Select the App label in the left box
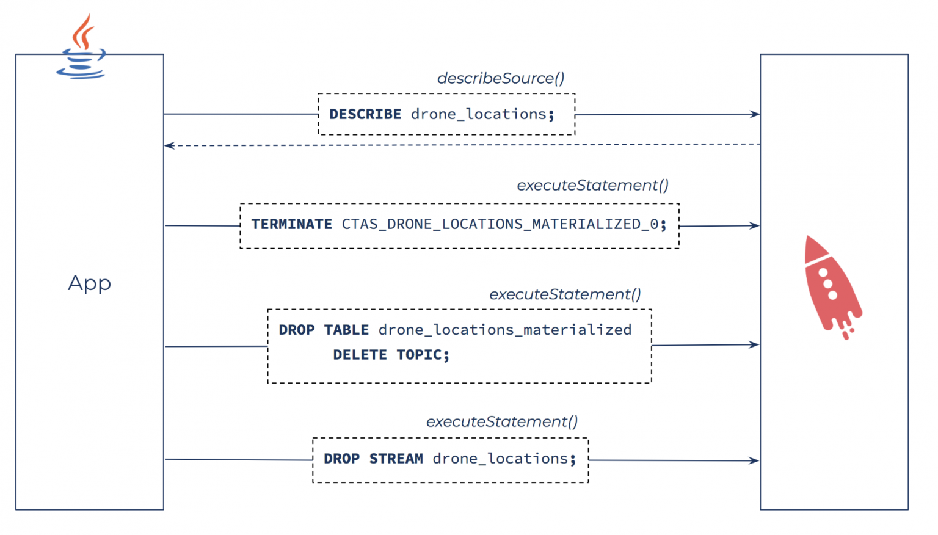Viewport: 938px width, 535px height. (x=89, y=283)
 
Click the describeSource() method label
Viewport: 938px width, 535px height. (x=500, y=79)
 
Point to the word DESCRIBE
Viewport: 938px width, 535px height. (x=365, y=114)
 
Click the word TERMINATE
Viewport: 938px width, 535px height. (x=291, y=225)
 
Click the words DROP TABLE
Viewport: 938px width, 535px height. (x=324, y=330)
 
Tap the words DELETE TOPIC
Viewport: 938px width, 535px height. (x=390, y=355)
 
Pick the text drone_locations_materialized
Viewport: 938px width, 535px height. (x=504, y=330)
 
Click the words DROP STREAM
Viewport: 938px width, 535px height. (x=373, y=459)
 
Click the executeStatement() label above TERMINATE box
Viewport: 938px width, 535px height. (x=592, y=186)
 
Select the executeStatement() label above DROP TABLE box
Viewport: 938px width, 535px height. (x=565, y=294)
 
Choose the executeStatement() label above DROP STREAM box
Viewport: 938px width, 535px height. (x=501, y=422)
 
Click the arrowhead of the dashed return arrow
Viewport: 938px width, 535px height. (x=169, y=145)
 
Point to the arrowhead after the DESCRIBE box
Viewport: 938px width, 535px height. (x=755, y=114)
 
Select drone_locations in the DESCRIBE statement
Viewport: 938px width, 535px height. (x=478, y=114)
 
